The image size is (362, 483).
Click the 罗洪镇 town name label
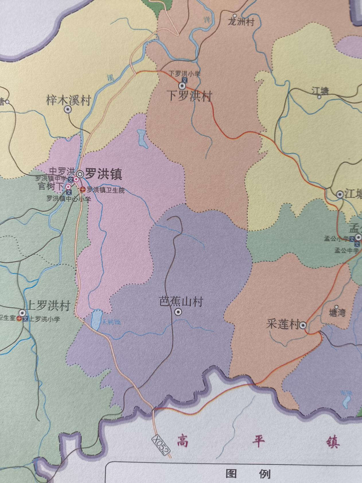104,174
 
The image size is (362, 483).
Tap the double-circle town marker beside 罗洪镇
80,174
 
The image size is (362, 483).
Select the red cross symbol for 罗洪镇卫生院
83,189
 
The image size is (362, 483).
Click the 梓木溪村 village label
68,101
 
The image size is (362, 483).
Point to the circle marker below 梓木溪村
68,109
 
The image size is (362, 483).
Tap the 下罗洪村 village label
190,96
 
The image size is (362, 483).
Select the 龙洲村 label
241,22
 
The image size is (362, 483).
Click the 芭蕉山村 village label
181,302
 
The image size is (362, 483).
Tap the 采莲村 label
282,325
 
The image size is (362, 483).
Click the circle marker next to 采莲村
303,325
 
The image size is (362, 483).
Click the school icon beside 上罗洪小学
26,319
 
